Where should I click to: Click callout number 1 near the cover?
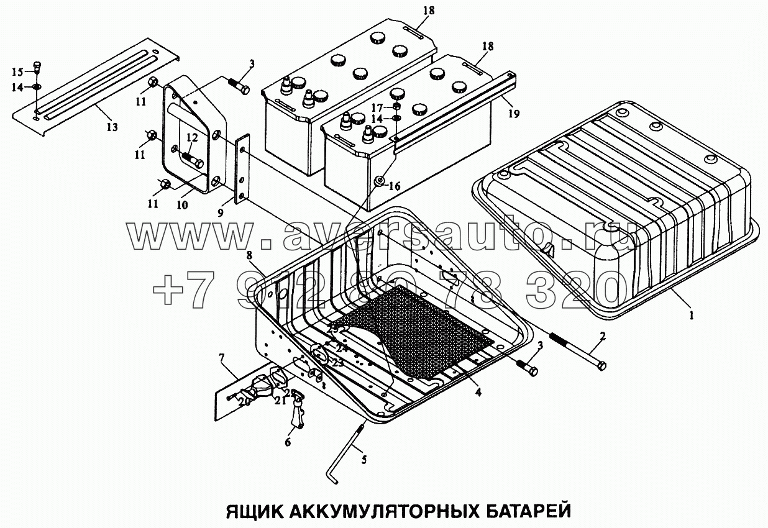coord(691,315)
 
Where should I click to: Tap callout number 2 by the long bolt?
coord(601,337)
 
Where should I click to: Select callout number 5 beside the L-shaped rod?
coord(363,460)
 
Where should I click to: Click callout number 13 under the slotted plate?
coord(112,127)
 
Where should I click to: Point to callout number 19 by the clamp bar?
coord(513,114)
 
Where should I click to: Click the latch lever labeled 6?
coord(298,414)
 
